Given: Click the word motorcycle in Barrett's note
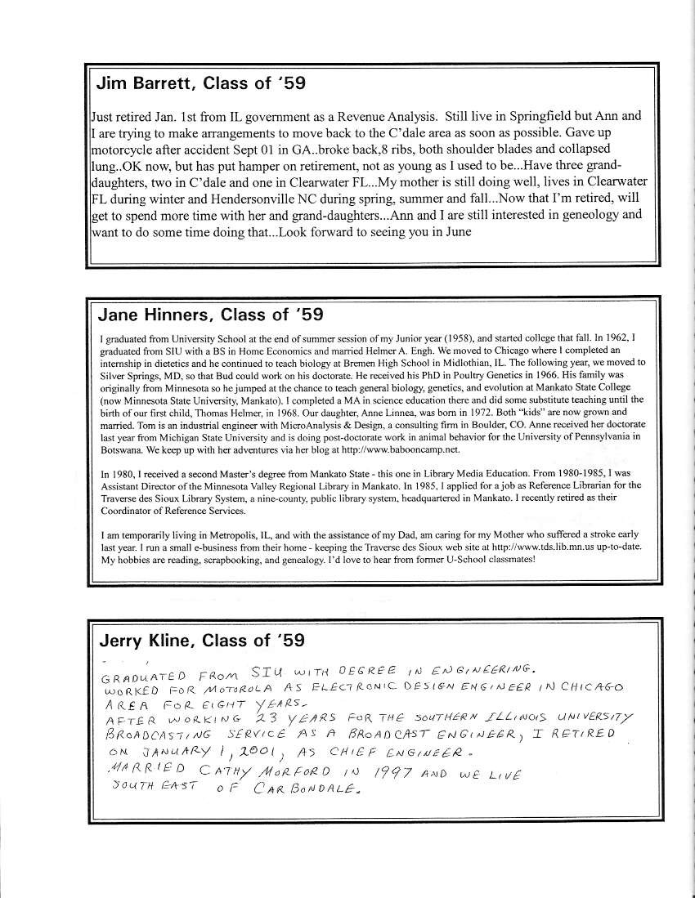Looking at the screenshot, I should [125, 150].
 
